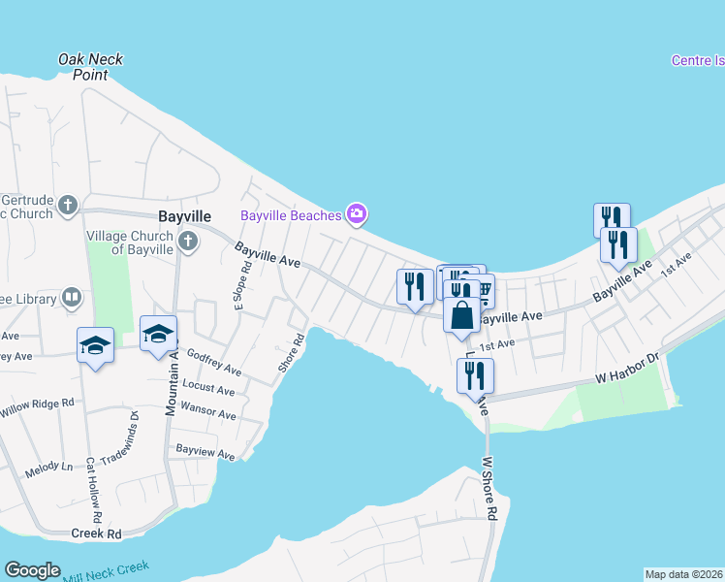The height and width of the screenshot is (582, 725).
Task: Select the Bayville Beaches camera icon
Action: point(357,213)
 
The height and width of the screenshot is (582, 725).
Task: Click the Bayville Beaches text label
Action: point(291,214)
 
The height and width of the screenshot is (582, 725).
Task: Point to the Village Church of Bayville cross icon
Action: point(188,241)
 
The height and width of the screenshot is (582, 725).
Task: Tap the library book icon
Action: point(72,298)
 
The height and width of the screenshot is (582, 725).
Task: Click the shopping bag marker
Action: point(462,314)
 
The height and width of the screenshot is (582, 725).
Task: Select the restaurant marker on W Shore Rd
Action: point(475,376)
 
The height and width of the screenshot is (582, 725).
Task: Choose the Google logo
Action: point(32,570)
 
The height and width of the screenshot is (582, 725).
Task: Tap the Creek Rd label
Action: point(96,533)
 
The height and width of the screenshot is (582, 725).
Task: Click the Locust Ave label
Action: point(208,391)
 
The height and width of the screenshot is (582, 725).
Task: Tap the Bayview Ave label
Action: point(205,453)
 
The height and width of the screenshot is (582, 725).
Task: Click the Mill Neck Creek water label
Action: point(107,571)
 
